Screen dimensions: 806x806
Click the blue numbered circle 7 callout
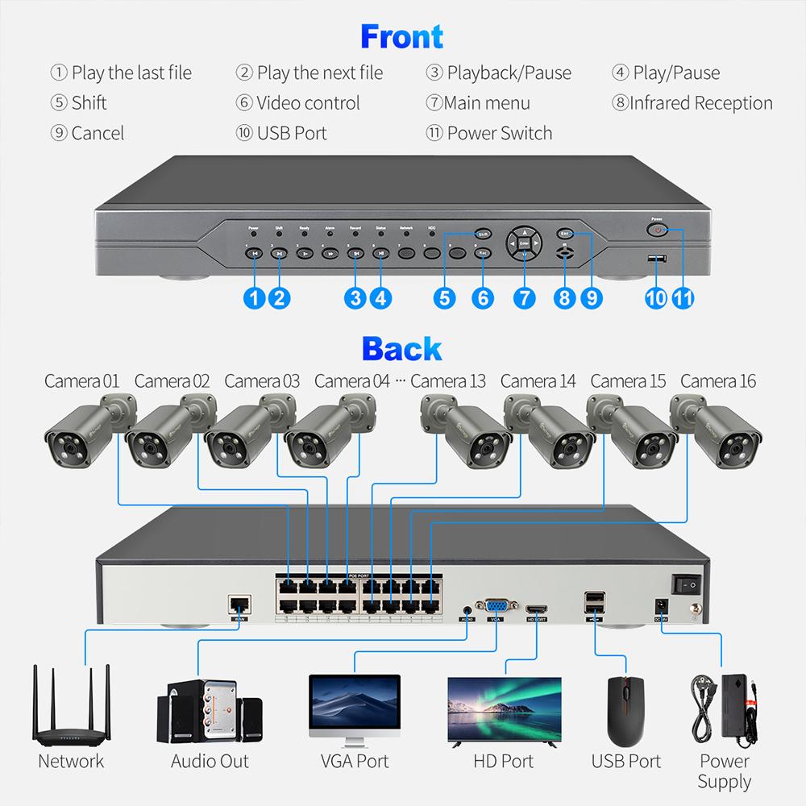click(x=524, y=297)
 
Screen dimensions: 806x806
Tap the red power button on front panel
click(x=659, y=231)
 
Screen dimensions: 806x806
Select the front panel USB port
click(x=658, y=259)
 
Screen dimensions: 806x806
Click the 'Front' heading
click(x=401, y=37)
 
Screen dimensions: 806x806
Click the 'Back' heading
click(x=401, y=348)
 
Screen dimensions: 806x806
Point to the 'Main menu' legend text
click(x=477, y=103)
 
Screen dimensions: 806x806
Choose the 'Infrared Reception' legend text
click(x=692, y=103)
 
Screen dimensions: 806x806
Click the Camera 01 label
click(x=81, y=380)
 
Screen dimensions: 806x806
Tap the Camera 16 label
click(x=718, y=380)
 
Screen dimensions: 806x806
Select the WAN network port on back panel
click(x=239, y=604)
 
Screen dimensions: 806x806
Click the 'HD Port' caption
click(x=504, y=761)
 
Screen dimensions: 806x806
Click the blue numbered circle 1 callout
click(x=254, y=297)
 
